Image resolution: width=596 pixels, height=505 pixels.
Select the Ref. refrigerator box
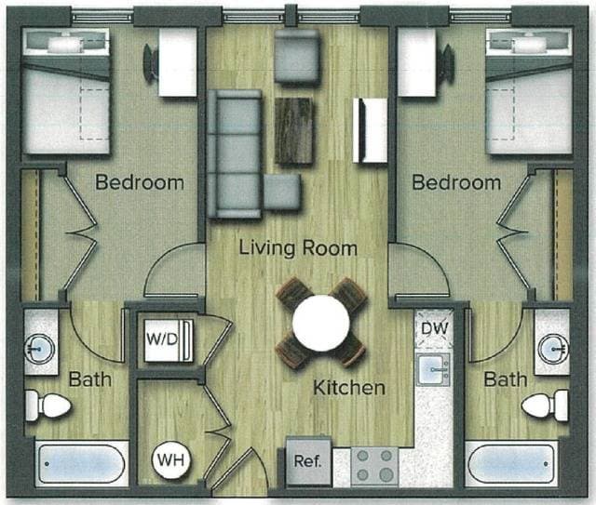307,461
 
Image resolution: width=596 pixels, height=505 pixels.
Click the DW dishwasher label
434,327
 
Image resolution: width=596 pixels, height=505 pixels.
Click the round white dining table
321,322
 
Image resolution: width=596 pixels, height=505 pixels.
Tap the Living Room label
298,248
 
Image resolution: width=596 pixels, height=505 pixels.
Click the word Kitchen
348,387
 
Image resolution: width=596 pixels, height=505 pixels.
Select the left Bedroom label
140,182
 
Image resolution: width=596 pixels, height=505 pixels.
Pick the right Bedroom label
456,182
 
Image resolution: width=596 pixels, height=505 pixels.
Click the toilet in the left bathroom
47,405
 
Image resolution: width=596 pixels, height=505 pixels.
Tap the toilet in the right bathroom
546,405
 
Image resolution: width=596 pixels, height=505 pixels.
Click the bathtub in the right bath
511,462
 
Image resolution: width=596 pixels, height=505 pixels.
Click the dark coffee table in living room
295,130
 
